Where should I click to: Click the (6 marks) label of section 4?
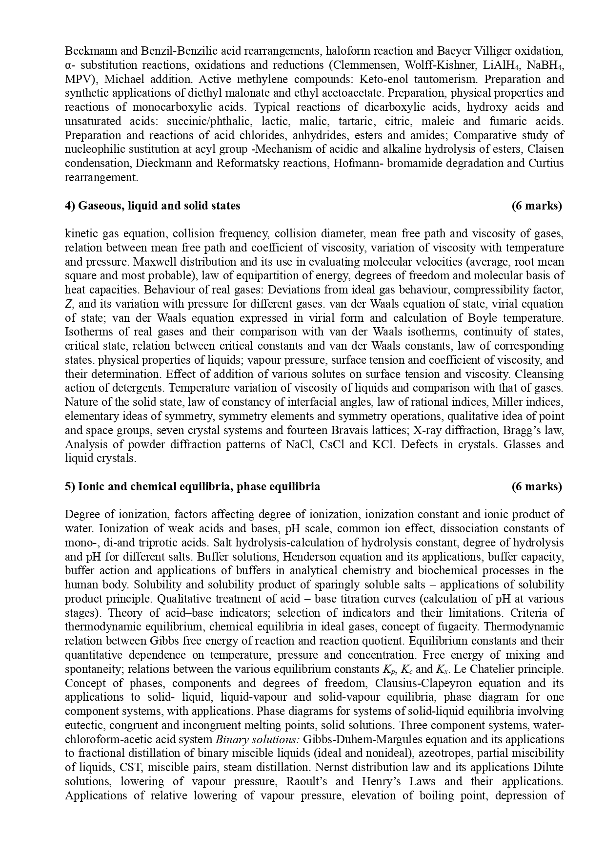coord(537,206)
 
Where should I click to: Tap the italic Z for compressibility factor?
coord(68,304)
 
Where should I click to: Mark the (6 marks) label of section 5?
coord(537,486)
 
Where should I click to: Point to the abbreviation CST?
coord(130,768)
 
